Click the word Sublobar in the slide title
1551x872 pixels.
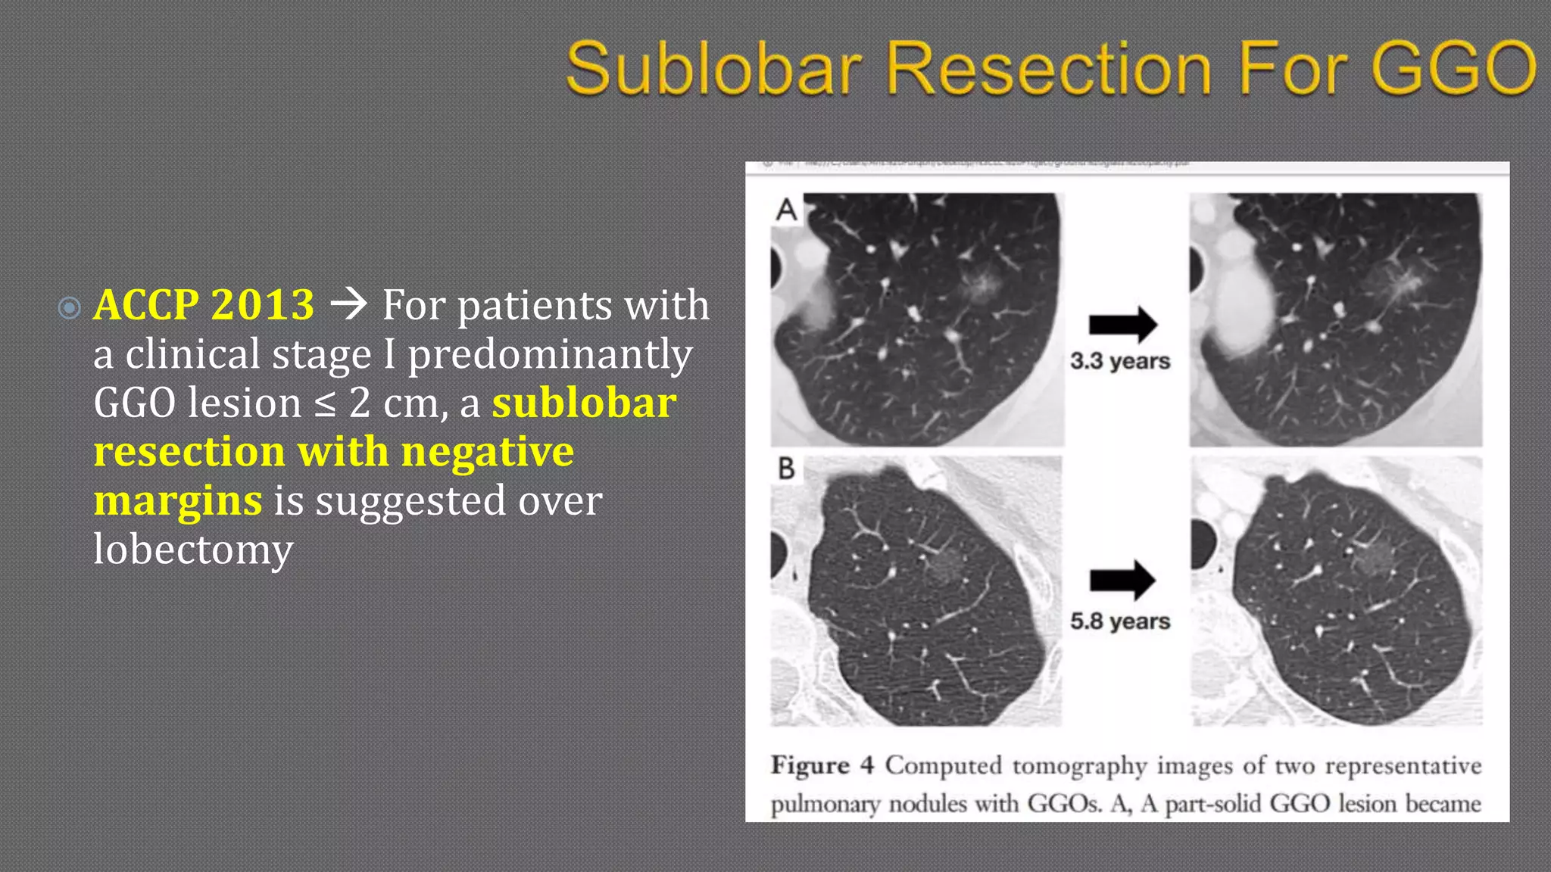[x=714, y=69]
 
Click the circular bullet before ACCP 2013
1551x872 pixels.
[x=70, y=307]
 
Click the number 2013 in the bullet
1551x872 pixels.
[x=263, y=305]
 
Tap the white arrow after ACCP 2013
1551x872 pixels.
[x=349, y=304]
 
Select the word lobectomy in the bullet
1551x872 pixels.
[x=193, y=550]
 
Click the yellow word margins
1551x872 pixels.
[x=178, y=500]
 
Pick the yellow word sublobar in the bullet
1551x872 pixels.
[x=584, y=403]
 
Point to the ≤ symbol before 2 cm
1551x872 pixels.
[x=324, y=404]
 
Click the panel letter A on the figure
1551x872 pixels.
[x=787, y=210]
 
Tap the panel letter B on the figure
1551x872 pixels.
[x=787, y=469]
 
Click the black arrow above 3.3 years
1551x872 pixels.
[x=1122, y=325]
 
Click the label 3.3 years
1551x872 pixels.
[x=1120, y=361]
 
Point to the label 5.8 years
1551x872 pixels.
[x=1120, y=621]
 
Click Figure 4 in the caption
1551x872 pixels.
[x=822, y=765]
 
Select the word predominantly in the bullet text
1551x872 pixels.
[x=550, y=354]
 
